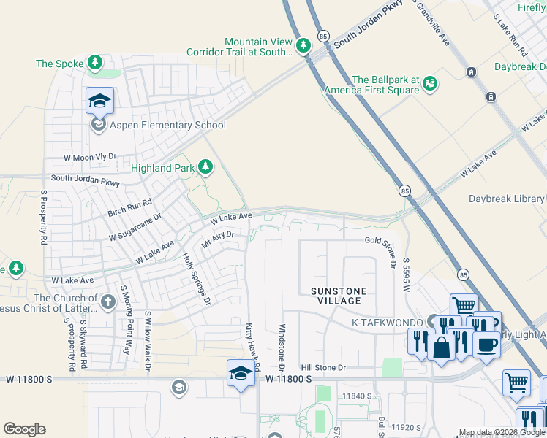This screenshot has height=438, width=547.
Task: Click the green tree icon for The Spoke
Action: coord(94,64)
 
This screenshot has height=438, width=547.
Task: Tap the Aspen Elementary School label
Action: coord(167,125)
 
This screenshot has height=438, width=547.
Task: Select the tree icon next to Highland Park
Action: coord(205,168)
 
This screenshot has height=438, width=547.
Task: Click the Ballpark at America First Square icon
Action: coord(430,84)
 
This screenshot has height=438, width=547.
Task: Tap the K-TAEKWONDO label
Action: coord(387,322)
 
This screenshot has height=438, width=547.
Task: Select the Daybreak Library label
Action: coord(506,199)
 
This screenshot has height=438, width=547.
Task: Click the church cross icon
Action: coord(107,301)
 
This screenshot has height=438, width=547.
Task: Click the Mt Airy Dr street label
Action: coord(217,238)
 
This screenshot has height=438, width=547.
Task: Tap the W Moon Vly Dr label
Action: coord(90,157)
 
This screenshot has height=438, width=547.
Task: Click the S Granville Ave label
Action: coord(431,22)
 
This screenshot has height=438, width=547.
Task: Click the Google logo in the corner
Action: coord(24,429)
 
